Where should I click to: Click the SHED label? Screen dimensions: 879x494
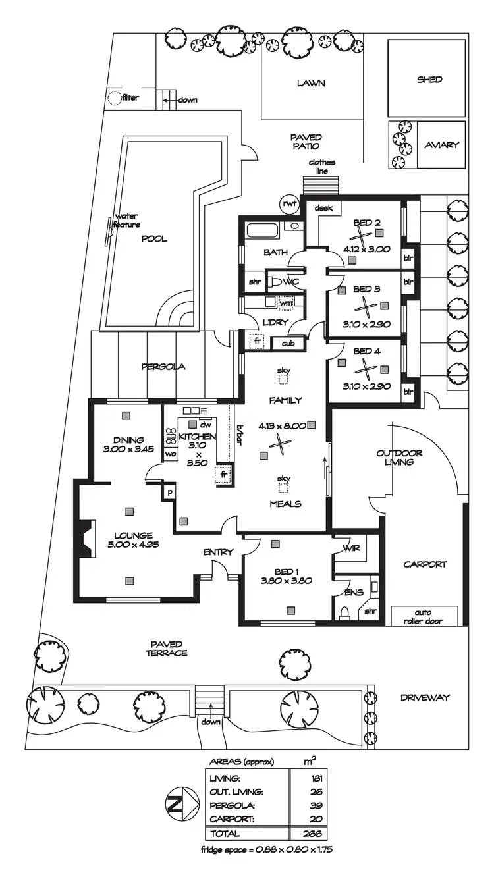click(x=429, y=80)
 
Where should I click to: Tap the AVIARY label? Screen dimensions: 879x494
click(x=441, y=145)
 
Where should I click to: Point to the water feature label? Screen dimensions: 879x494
click(x=126, y=221)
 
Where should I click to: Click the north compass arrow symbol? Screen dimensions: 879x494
click(x=177, y=804)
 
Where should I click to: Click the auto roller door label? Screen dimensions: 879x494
click(x=424, y=616)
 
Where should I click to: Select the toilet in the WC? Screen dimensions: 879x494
click(x=275, y=282)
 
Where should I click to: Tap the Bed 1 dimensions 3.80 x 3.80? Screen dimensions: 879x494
click(x=285, y=581)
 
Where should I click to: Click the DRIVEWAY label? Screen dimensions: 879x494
click(x=424, y=697)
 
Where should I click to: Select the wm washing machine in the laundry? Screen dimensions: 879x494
click(x=285, y=303)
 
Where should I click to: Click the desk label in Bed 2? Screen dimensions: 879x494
click(x=322, y=208)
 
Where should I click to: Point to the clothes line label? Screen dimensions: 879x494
click(x=322, y=167)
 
